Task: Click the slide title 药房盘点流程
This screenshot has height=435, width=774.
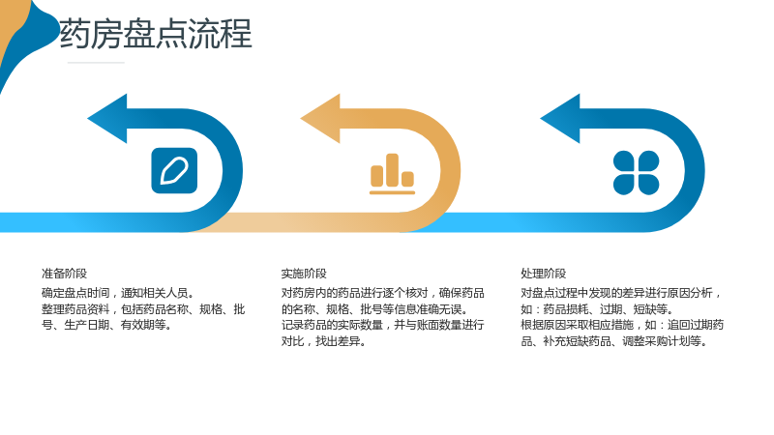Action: [x=156, y=34]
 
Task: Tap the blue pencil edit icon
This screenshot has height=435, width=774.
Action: [x=174, y=171]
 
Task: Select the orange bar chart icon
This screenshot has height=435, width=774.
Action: [x=393, y=174]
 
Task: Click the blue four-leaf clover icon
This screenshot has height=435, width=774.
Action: [x=636, y=173]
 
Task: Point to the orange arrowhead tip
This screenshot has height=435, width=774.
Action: [x=301, y=118]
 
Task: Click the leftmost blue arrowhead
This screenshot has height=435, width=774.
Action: [x=107, y=118]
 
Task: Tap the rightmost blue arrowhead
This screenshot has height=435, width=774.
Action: [x=560, y=118]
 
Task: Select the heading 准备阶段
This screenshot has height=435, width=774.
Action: [x=64, y=274]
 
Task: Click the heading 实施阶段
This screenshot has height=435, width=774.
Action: [x=304, y=274]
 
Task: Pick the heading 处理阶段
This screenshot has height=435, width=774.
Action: [x=544, y=274]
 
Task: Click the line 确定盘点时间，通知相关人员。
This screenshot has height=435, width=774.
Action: [x=118, y=293]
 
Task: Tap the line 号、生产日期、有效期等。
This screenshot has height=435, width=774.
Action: [x=107, y=325]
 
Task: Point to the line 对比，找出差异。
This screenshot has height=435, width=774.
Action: [x=324, y=341]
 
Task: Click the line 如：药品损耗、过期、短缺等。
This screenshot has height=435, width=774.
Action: [x=597, y=309]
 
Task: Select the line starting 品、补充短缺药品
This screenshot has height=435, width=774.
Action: [x=614, y=341]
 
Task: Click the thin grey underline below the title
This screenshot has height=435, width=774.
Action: [x=96, y=63]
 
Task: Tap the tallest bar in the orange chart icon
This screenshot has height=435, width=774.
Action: [x=393, y=170]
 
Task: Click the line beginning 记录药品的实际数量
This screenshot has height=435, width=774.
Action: [x=382, y=325]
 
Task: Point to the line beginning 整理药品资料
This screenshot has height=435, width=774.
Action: [x=143, y=309]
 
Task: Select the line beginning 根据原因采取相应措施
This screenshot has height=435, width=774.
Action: [x=622, y=325]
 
